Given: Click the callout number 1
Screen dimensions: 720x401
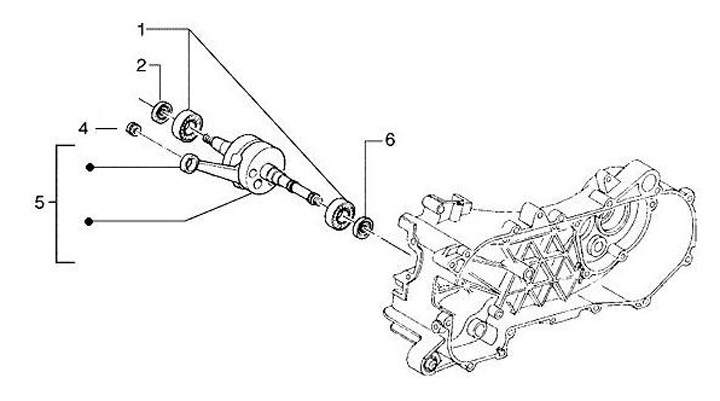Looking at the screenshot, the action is (141, 28).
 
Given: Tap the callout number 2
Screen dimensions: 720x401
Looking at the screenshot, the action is (141, 66).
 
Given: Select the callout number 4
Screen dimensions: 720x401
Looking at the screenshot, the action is (112, 128).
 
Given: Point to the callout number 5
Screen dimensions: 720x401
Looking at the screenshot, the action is (38, 203).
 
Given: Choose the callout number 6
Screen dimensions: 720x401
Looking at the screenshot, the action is (389, 139).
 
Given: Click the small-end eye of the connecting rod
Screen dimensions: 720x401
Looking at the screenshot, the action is (187, 162).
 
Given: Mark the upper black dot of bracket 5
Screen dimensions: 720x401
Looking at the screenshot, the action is (90, 167).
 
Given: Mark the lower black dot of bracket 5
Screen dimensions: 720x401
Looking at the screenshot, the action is (90, 221).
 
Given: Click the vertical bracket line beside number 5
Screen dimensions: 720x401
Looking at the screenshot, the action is (56, 203).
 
